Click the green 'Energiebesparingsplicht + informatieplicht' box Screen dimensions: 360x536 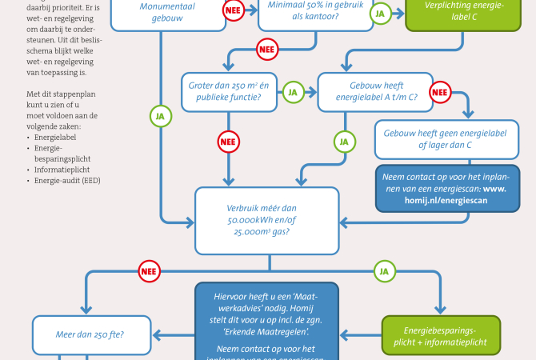tap(441, 335)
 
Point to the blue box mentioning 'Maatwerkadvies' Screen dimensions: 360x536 tap(267, 320)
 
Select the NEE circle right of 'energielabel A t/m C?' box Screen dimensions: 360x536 tap(441, 92)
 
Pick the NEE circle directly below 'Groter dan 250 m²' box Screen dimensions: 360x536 tap(230, 142)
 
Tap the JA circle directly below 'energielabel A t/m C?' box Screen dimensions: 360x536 tap(344, 142)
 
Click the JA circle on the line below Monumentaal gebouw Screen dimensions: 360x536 tap(161, 116)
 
